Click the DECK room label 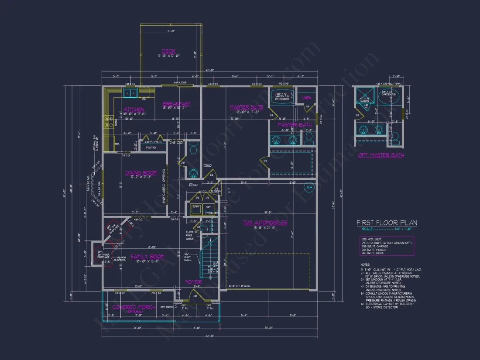tap(168, 51)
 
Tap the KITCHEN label tap(134, 109)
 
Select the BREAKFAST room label tap(176, 103)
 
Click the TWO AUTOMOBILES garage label tap(265, 223)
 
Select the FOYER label tap(193, 281)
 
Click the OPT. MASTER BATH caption tap(381, 155)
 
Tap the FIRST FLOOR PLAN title tap(387, 223)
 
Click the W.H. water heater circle tap(310, 188)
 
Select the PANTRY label tap(151, 147)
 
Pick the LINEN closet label tap(306, 98)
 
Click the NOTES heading tap(365, 265)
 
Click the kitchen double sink tap(130, 92)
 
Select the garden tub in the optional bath tap(385, 98)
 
